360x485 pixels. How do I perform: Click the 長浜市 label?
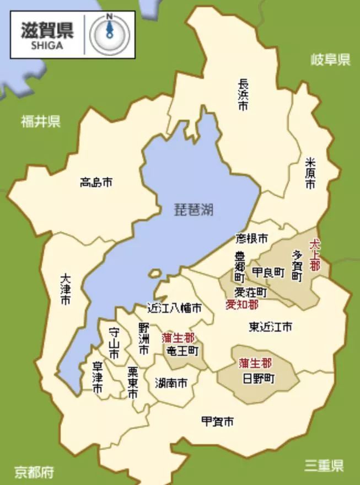tap(243, 94)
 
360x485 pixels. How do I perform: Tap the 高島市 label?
tap(96, 182)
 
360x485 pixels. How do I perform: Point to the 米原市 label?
tap(311, 174)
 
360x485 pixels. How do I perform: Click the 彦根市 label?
tap(251, 239)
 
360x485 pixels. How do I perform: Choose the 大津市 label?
tap(66, 290)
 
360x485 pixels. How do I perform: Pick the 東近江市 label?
tap(270, 327)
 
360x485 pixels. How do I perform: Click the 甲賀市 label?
tap(217, 422)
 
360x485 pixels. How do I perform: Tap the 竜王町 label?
tap(182, 350)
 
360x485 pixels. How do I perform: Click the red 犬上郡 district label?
tap(315, 253)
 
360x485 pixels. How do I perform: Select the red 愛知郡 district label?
tap(241, 304)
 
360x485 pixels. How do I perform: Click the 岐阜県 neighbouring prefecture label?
tap(330, 60)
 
